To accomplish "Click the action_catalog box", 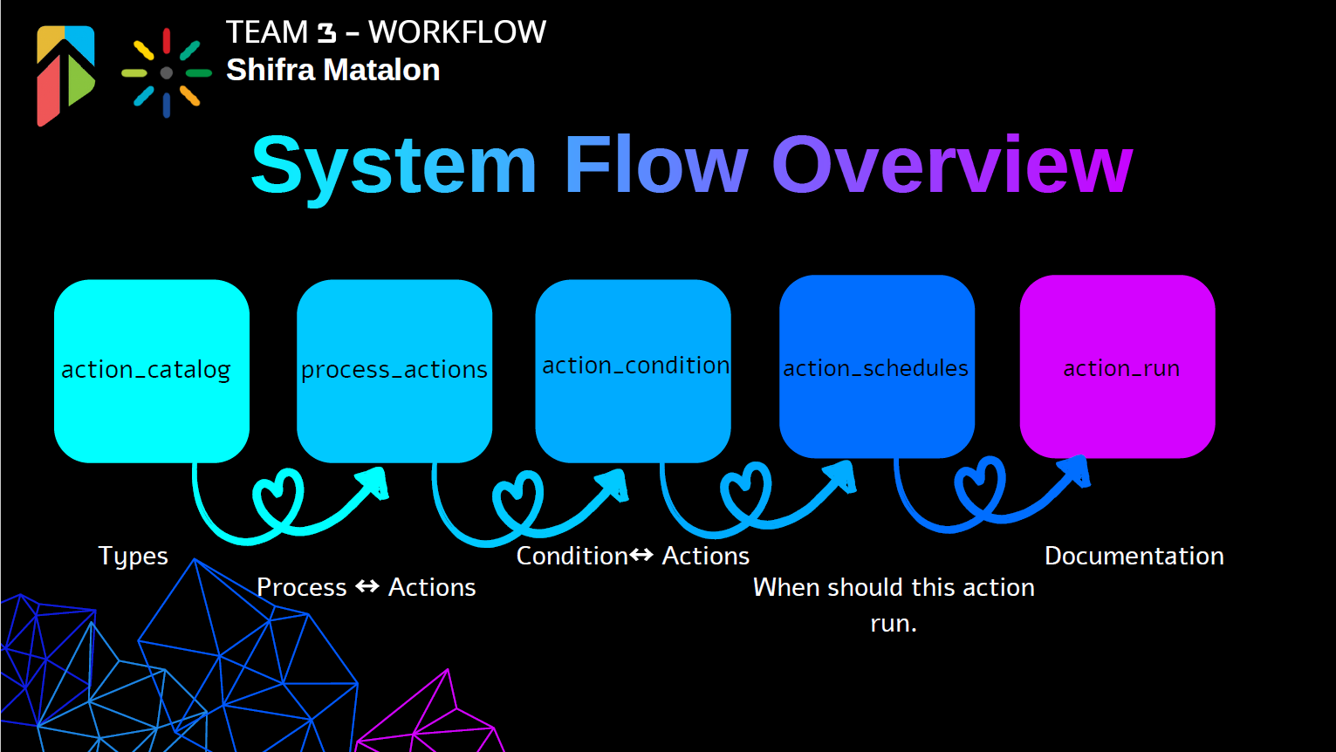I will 152,371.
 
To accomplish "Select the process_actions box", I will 394,371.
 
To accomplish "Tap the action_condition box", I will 633,371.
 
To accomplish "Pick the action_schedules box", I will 876,366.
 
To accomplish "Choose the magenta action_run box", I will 1117,366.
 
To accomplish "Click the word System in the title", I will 394,166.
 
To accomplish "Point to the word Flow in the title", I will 656,166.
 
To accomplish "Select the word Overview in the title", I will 951,166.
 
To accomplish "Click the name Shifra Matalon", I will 332,70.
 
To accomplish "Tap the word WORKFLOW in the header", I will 456,32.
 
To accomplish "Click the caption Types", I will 133,556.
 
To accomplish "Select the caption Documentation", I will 1134,556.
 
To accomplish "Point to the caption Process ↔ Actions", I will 366,587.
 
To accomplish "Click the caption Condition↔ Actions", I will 633,556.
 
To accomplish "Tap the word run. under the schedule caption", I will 894,623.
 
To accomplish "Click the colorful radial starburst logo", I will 166,73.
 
